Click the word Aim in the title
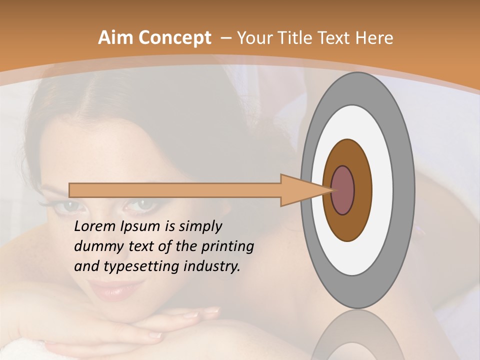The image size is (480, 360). [116, 38]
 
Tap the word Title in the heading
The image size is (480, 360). [295, 38]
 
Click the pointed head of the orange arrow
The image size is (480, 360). [305, 190]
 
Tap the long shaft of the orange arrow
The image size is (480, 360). [175, 190]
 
